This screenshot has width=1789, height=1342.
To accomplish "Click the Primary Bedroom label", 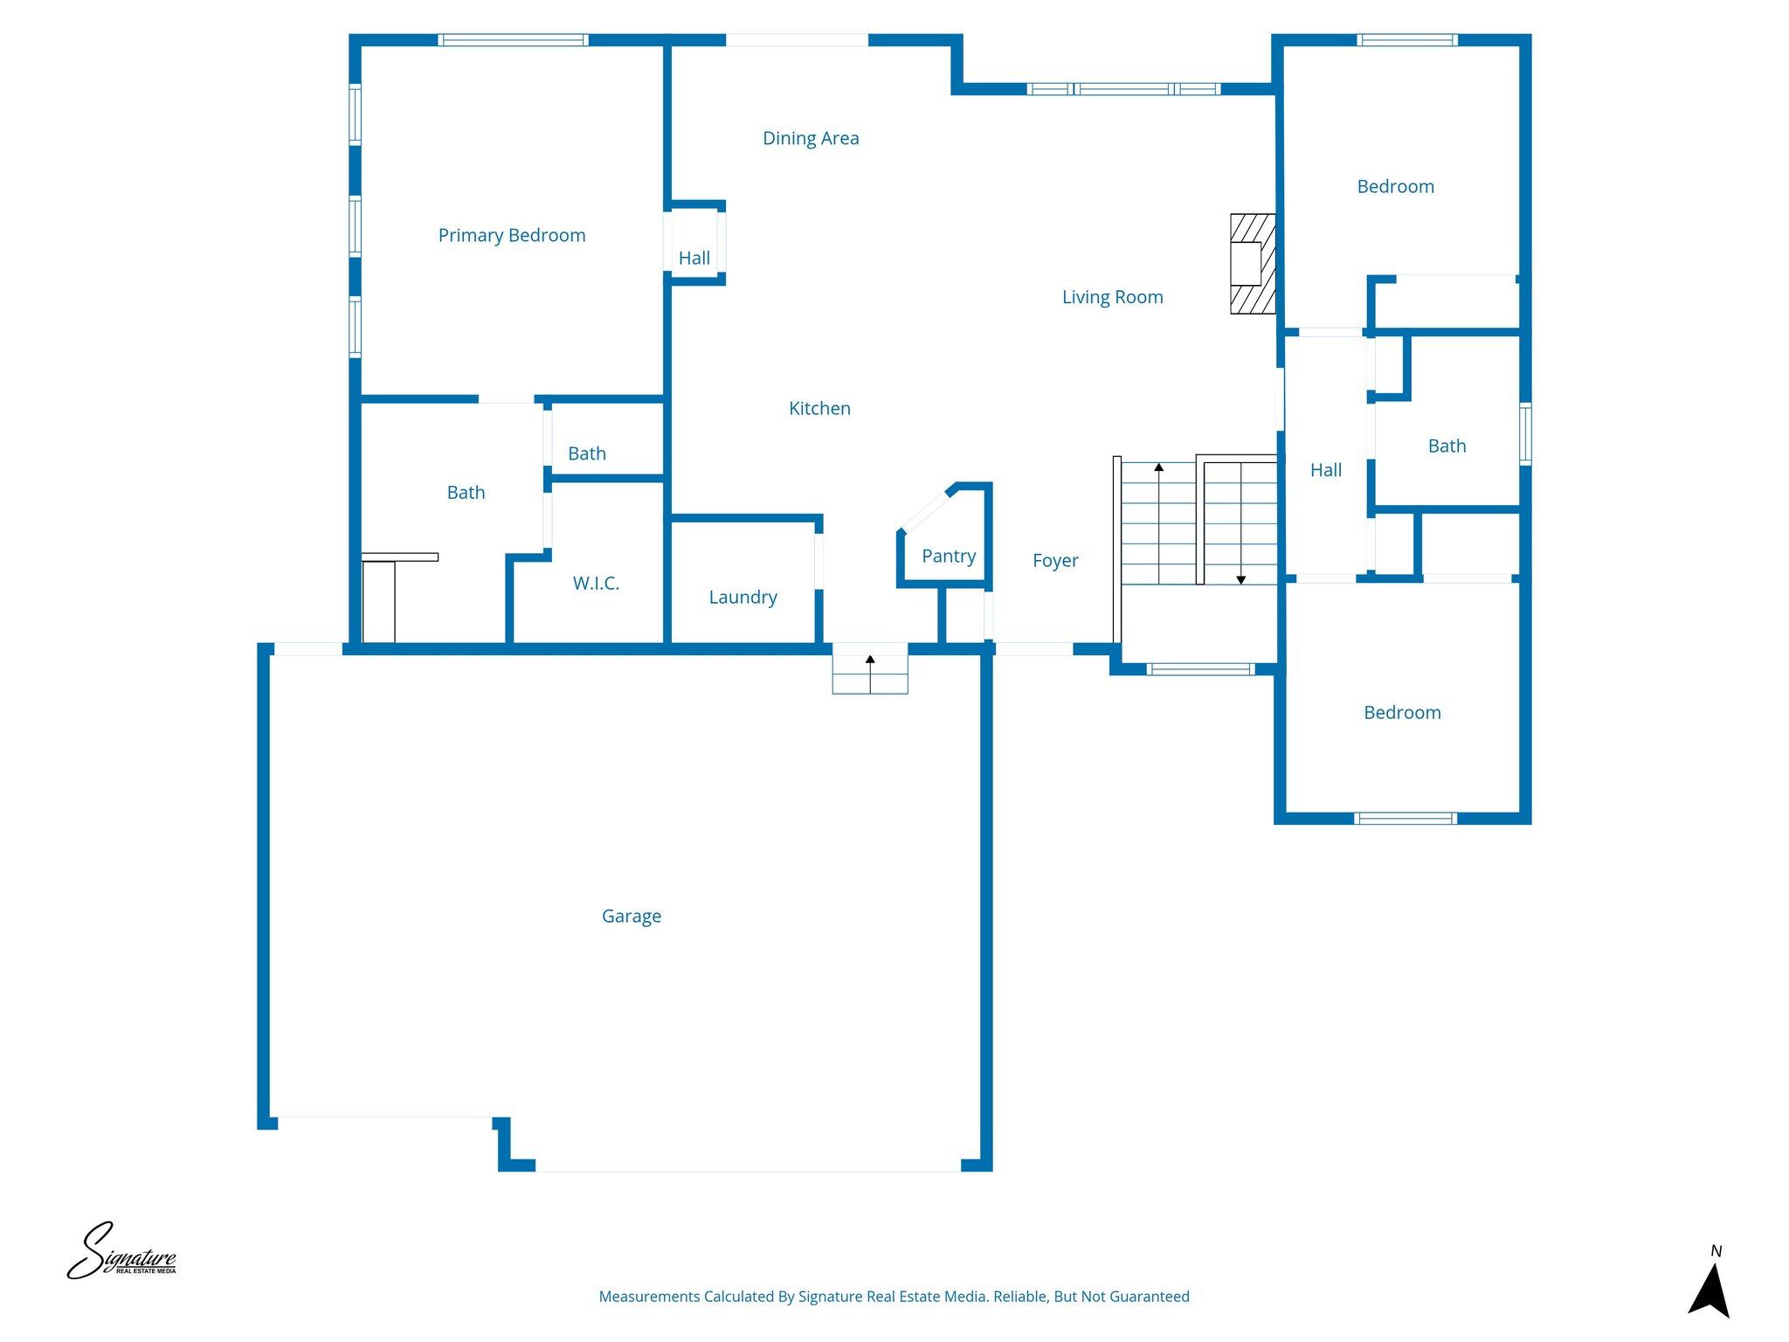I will coord(512,236).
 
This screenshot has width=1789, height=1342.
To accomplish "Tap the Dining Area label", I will coord(811,138).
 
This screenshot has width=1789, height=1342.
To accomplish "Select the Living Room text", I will coord(1112,297).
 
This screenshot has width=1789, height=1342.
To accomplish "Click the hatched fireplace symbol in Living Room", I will coord(1253,264).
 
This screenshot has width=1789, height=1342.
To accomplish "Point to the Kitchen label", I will coord(819,408).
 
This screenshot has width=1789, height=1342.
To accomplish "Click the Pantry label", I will coord(949,556).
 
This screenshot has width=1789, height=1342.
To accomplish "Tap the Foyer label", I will coord(1055,560).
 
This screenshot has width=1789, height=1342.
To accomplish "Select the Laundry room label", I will coord(743,597).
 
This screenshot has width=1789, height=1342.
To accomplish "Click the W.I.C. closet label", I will coord(596,583).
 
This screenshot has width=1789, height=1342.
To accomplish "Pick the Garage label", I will coord(631,916).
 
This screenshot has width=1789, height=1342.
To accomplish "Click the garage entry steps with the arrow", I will coord(870,674).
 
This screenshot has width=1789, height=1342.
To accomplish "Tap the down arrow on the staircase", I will coord(1240,578).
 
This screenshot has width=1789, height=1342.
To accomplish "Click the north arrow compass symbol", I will coord(1710,1290).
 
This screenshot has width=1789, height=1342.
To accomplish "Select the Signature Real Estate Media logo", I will coord(122,1252).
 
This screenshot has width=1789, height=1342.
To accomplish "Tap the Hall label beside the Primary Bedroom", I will coord(694,258).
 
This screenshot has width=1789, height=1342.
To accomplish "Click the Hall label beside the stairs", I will coord(1325,470).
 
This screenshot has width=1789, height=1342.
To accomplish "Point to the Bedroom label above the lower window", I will coord(1402,712).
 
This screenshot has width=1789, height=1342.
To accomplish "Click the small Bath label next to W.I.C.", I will coord(587,453).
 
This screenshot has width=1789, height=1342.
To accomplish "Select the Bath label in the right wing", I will coord(1447,446).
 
